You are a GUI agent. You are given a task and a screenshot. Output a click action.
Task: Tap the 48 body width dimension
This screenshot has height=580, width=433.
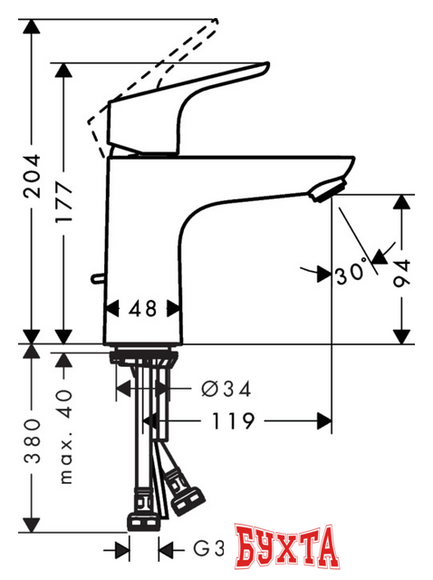coord(142,308)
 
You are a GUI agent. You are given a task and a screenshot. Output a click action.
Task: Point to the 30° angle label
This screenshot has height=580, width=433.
coord(352,271)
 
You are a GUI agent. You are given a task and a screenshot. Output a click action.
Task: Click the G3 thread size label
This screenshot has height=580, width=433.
coord(209,548)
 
